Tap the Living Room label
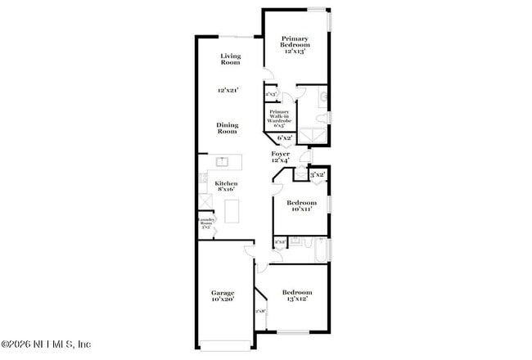(x=230, y=59)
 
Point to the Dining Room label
(x=227, y=128)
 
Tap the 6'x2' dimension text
(x=284, y=137)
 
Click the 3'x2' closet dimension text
(x=318, y=174)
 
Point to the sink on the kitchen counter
(x=221, y=161)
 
